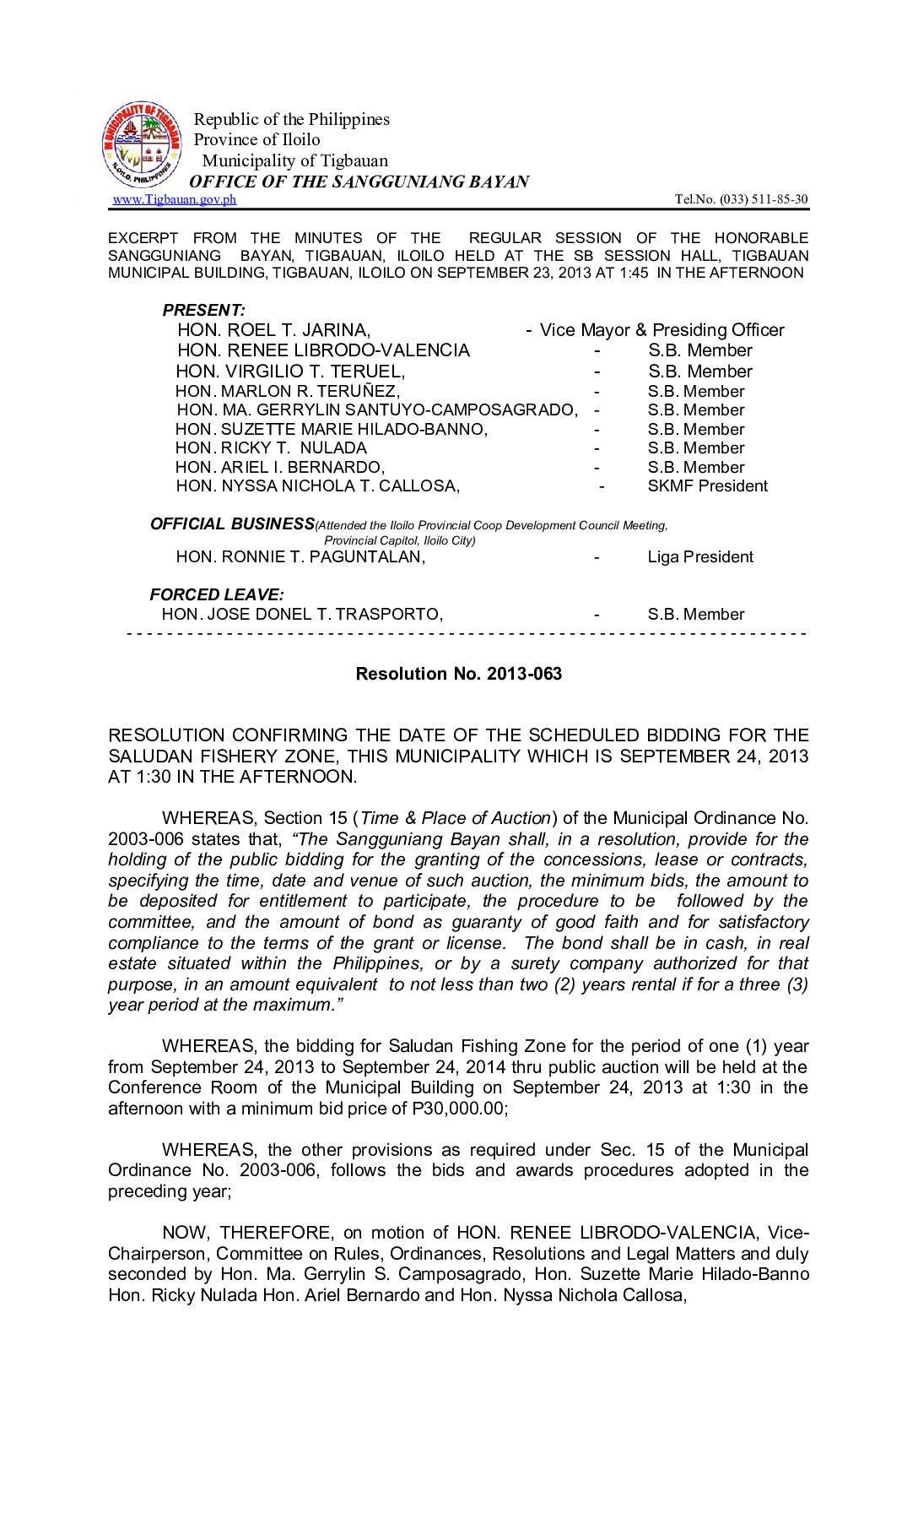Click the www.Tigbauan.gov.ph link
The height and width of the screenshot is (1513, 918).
[x=174, y=199]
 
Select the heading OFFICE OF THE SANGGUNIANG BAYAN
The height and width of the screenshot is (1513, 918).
[x=359, y=182]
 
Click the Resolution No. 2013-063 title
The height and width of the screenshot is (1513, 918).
[x=458, y=674]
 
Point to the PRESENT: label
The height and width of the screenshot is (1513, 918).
[x=203, y=310]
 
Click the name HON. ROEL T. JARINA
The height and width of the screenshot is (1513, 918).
[x=273, y=330]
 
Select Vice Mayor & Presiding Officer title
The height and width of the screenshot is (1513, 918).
[x=661, y=330]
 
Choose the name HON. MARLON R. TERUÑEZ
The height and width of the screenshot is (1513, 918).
[x=288, y=391]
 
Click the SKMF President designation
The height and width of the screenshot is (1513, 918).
[x=707, y=486]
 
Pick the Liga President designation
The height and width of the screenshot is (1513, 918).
[x=700, y=557]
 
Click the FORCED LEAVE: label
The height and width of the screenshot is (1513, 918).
[x=217, y=594]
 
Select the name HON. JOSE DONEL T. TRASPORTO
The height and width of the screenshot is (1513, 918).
[x=302, y=615]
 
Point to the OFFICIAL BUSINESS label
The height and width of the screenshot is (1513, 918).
[x=232, y=524]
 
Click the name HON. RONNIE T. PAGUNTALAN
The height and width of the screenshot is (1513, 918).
[x=300, y=557]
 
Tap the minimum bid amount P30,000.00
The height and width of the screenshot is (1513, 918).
[x=459, y=1109]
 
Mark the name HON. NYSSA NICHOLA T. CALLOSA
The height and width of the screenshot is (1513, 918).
[x=317, y=486]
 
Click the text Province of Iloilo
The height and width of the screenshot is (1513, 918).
[x=257, y=140]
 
